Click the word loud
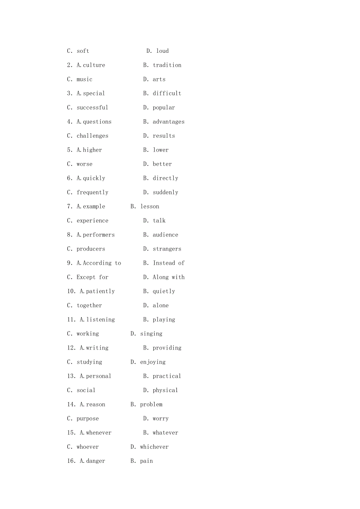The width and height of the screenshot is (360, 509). click(x=162, y=51)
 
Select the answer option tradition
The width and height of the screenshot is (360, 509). click(x=167, y=65)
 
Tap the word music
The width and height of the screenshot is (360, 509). click(x=85, y=79)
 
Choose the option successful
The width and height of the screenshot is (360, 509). click(x=92, y=108)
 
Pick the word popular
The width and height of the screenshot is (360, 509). click(x=164, y=108)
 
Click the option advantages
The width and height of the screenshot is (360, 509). click(x=169, y=122)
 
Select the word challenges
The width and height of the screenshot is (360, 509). click(x=92, y=136)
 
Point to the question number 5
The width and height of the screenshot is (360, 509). click(x=69, y=150)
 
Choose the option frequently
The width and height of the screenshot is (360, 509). click(x=92, y=192)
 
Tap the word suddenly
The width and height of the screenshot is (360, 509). click(x=166, y=192)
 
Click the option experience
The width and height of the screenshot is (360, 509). click(x=92, y=220)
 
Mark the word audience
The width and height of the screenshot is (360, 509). click(x=166, y=235)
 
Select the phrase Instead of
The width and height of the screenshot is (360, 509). click(x=169, y=263)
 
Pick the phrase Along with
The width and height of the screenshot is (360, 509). click(x=169, y=277)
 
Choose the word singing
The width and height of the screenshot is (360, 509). click(x=151, y=333)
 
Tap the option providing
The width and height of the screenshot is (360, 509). click(x=167, y=348)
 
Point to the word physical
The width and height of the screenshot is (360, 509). click(x=166, y=390)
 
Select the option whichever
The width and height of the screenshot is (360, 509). click(x=154, y=447)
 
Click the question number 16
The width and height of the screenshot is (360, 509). click(x=71, y=461)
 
